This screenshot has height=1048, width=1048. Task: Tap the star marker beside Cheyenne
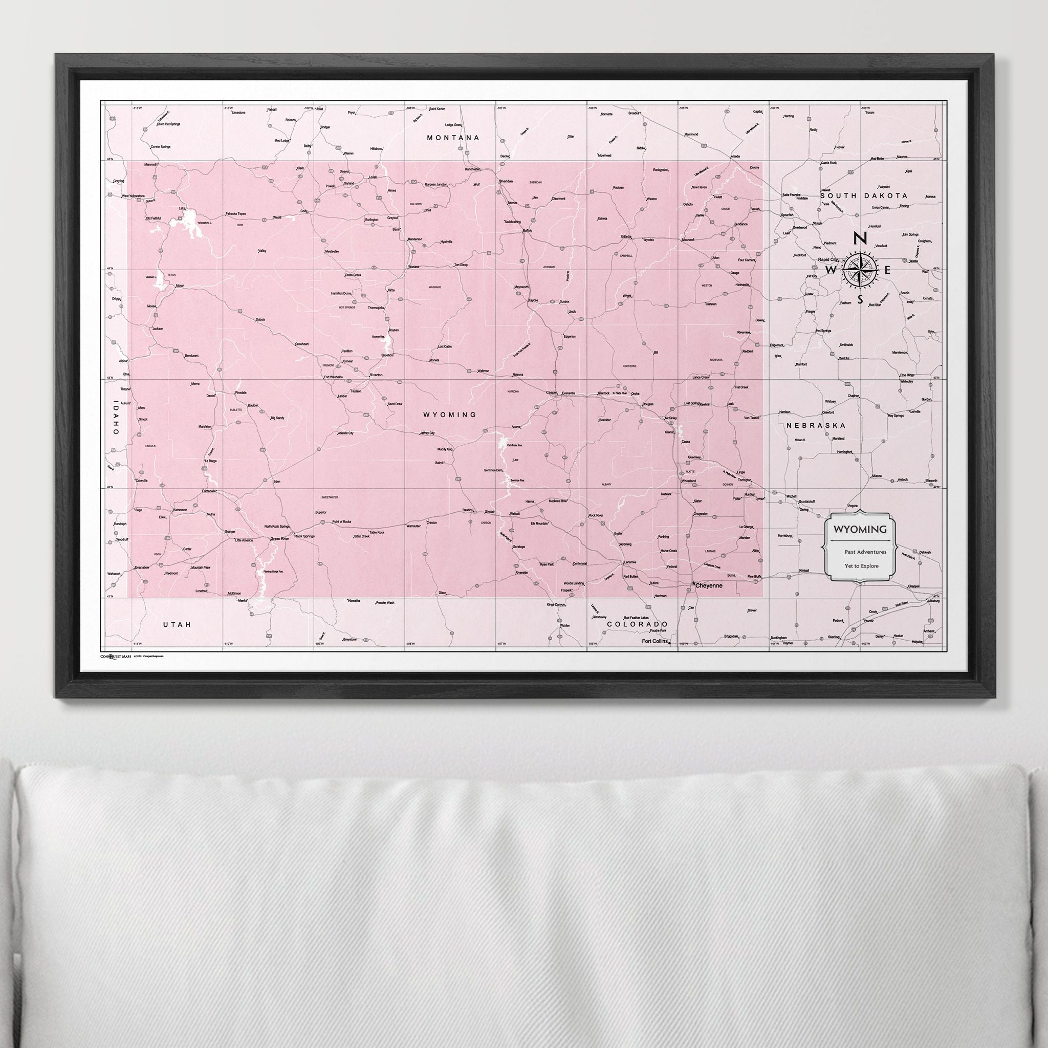click(694, 584)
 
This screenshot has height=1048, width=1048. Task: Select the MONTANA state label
click(453, 138)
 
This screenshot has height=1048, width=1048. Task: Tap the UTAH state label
click(178, 625)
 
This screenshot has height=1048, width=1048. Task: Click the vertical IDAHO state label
click(116, 418)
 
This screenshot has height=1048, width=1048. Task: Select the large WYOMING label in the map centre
click(450, 414)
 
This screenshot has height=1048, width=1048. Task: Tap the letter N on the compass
click(860, 238)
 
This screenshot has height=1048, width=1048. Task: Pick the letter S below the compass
click(860, 299)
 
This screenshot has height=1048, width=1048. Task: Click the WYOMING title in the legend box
click(860, 530)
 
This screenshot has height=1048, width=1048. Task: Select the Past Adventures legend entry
click(865, 552)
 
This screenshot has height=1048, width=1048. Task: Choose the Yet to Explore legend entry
click(861, 566)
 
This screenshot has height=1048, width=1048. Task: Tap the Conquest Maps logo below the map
click(116, 656)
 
